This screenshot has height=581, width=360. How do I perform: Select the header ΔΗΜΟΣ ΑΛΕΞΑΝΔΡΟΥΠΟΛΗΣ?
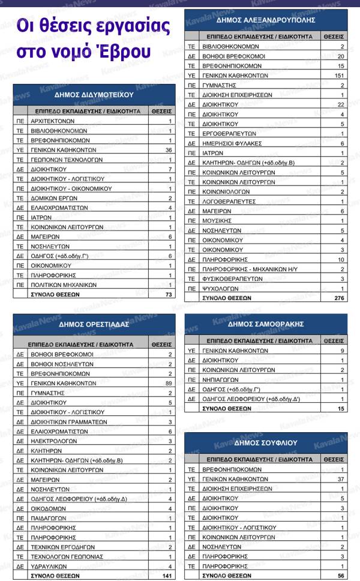pyautogui.click(x=266, y=20)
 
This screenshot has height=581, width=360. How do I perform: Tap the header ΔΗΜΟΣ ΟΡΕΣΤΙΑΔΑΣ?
pyautogui.click(x=94, y=324)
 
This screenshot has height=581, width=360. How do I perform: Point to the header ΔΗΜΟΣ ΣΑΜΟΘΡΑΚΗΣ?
pyautogui.click(x=266, y=324)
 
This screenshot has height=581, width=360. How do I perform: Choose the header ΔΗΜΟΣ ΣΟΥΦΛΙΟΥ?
pyautogui.click(x=266, y=442)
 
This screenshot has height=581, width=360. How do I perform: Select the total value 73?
pyautogui.click(x=168, y=295)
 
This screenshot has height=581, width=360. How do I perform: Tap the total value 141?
pyautogui.click(x=167, y=575)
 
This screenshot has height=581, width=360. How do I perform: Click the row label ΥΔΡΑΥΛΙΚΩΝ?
pyautogui.click(x=52, y=566)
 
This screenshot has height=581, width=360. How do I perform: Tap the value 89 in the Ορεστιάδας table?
pyautogui.click(x=169, y=383)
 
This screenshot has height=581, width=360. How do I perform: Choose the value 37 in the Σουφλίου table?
pyautogui.click(x=340, y=479)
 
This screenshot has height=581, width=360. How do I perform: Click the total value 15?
pyautogui.click(x=340, y=408)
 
